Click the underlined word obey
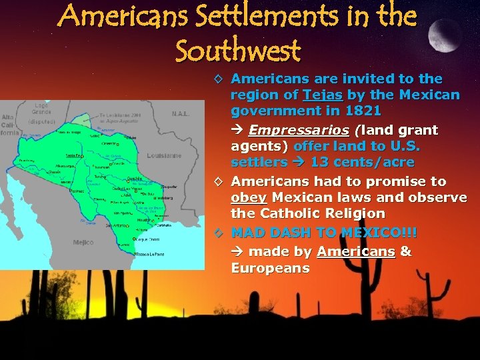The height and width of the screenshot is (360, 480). click(x=247, y=197)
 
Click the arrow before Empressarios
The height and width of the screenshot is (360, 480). click(x=237, y=130)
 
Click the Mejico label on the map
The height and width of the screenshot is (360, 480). click(x=83, y=243)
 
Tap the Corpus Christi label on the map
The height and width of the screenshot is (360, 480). click(x=148, y=239)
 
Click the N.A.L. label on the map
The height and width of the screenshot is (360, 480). click(x=181, y=114)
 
